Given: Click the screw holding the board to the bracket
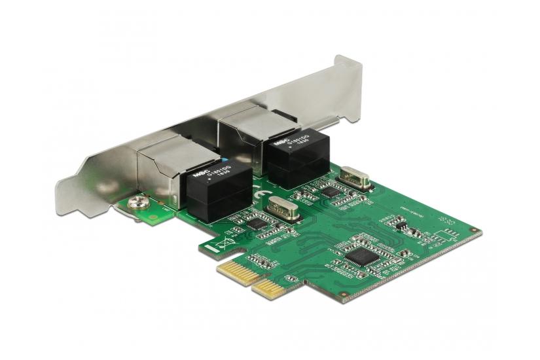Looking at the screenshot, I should click(x=137, y=204).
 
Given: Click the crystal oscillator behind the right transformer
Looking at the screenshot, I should click(x=355, y=176).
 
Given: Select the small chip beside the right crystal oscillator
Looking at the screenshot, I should click(x=331, y=192).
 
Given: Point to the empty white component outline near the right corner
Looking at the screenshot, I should click(x=446, y=234).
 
